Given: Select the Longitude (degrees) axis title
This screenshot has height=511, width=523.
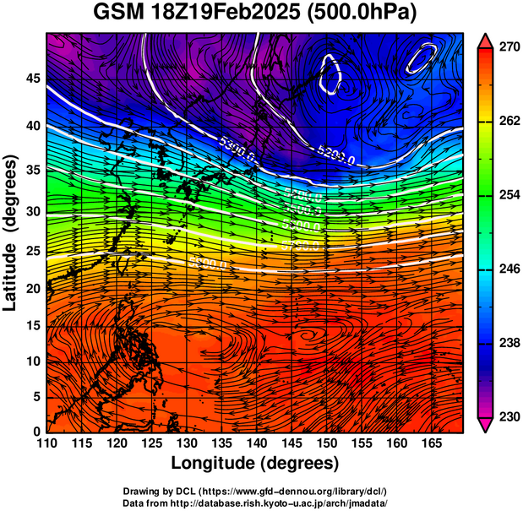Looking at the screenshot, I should (x=255, y=464).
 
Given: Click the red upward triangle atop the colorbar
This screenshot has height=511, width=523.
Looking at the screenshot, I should (x=486, y=41).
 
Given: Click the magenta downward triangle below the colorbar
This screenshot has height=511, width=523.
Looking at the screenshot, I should (x=486, y=424).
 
